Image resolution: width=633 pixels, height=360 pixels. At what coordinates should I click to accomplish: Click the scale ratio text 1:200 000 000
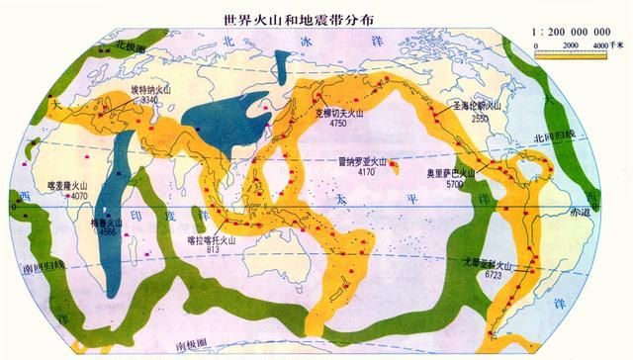[x=575, y=32]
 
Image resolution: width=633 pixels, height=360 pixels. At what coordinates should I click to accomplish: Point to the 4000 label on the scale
[x=601, y=45]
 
